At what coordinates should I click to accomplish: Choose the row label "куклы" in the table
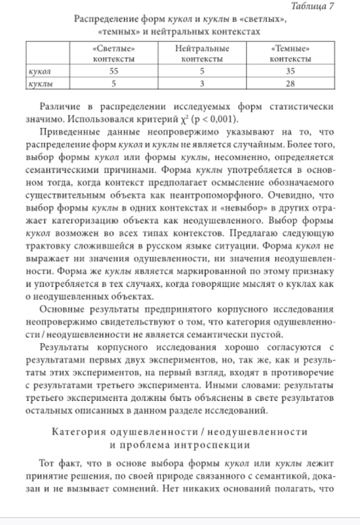pyautogui.click(x=41, y=83)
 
